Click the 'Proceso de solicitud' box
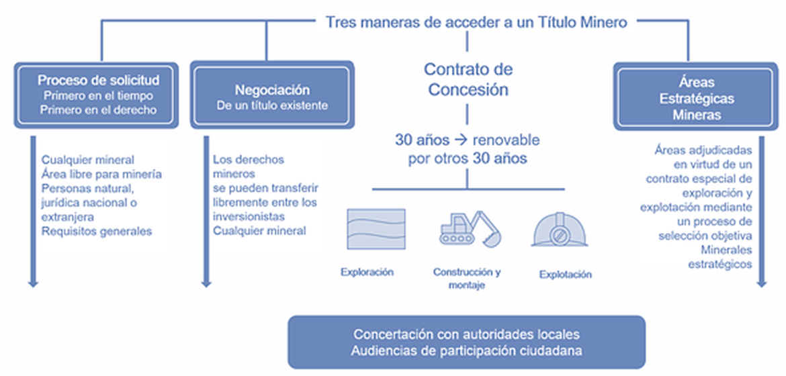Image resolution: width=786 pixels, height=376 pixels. click(98, 95)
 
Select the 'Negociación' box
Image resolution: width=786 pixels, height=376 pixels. click(272, 96)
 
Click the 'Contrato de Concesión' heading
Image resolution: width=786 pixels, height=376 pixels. click(468, 79)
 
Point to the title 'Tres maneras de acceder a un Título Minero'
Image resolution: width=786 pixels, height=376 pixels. click(476, 22)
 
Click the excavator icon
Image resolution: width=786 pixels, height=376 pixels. click(470, 228)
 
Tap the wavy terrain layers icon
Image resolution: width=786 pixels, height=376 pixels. click(376, 228)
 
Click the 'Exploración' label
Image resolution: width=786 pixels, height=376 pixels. click(367, 272)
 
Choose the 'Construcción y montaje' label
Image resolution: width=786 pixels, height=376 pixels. click(467, 279)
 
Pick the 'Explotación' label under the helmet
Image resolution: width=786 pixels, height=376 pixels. click(566, 274)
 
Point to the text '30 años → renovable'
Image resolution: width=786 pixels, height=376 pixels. click(467, 140)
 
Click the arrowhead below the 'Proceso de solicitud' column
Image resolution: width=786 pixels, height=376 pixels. click(32, 284)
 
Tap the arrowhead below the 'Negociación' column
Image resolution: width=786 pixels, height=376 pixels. click(206, 284)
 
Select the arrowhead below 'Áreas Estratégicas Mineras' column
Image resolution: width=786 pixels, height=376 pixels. click(761, 284)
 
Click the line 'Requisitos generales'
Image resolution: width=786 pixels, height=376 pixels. click(97, 231)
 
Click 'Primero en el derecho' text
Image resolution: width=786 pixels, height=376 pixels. click(98, 109)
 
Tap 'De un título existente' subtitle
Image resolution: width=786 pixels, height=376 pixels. click(272, 105)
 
